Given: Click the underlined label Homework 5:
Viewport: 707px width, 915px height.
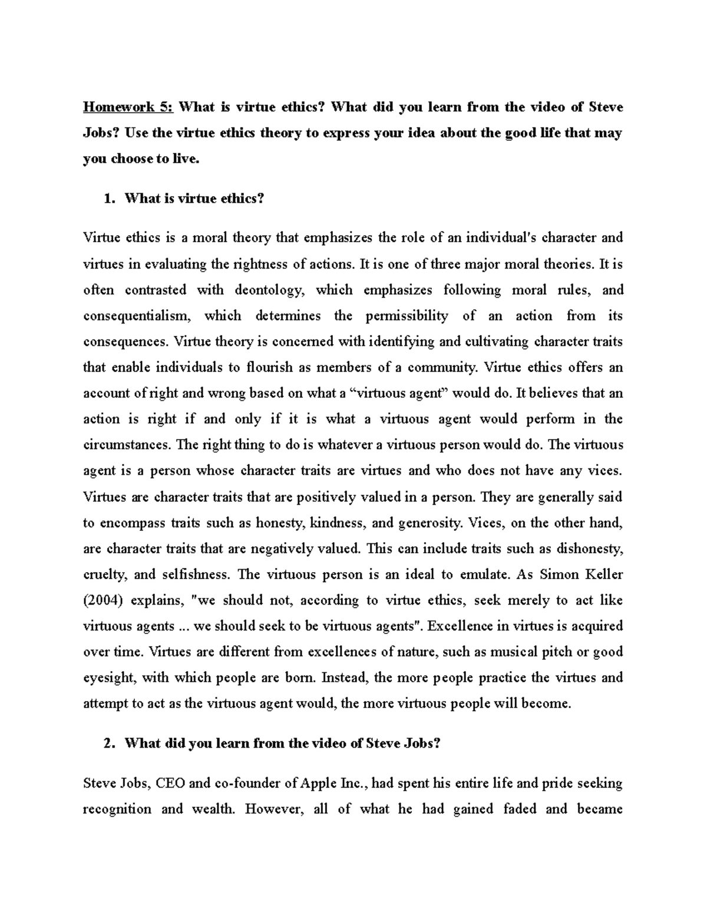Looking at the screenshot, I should (128, 107).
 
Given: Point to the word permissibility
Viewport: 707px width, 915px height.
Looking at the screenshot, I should (407, 316).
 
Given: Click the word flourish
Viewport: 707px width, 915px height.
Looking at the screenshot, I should (270, 368).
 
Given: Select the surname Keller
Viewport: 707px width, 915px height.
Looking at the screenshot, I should (603, 574).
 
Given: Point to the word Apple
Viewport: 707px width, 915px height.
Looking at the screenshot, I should (319, 784).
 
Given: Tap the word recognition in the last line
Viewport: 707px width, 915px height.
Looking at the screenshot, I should (117, 809).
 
